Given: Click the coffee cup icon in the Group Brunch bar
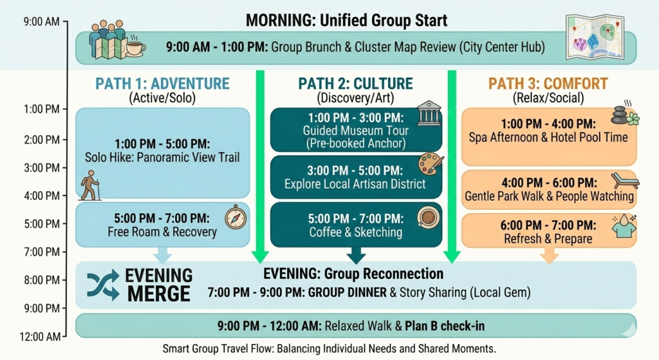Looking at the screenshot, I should click(135, 46).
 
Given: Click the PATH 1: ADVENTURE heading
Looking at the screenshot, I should click(162, 84).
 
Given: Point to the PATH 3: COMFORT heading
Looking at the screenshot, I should click(548, 84).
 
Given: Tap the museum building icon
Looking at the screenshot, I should click(429, 114).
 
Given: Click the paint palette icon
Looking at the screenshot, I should click(431, 164).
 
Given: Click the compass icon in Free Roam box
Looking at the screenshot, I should click(235, 218).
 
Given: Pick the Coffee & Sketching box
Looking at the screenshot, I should click(356, 225).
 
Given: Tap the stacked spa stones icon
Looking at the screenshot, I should click(622, 115).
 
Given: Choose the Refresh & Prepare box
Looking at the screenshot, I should click(549, 231).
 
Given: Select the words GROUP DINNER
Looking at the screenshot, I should click(348, 292).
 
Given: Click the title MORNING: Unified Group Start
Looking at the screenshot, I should click(346, 21).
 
